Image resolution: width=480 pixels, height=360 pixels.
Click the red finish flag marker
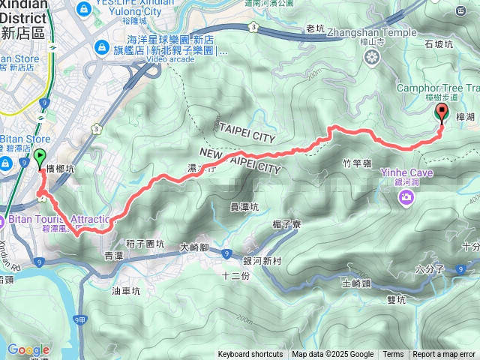pyautogui.click(x=442, y=112)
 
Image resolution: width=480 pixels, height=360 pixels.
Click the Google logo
pyautogui.click(x=28, y=349)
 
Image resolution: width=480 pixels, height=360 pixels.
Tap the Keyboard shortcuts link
pyautogui.click(x=250, y=355)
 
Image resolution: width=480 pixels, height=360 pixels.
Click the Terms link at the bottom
pyautogui.click(x=393, y=355)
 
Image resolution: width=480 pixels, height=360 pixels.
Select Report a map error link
pyautogui.click(x=444, y=355)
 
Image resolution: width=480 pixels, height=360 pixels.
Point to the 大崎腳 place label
pyautogui.click(x=195, y=246)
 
